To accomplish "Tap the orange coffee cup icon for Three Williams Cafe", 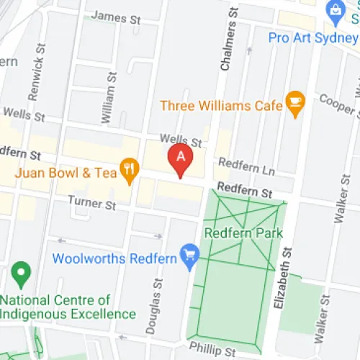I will coord(294,104).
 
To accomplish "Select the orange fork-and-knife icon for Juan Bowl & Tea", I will coord(129,170).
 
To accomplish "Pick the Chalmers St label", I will coord(229,43).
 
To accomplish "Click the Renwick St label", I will coord(32,75).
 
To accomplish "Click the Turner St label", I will coord(91,204).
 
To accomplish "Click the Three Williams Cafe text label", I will coord(220,106).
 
